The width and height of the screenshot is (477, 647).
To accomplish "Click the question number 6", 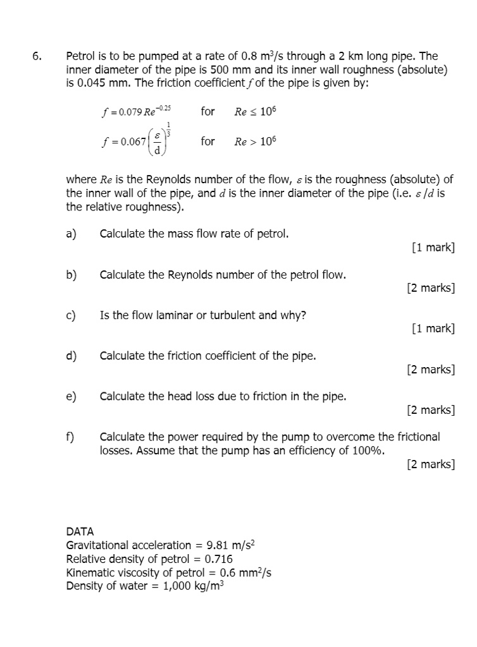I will coord(37,56).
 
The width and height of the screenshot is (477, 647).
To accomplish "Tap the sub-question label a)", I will coord(71,234).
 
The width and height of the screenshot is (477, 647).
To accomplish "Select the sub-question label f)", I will coord(70,437).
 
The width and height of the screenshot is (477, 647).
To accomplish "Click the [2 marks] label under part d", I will coord(431,370).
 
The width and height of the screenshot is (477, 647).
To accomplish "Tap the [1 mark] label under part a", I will coord(433,248).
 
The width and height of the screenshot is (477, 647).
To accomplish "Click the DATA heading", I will coord(80,532).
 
